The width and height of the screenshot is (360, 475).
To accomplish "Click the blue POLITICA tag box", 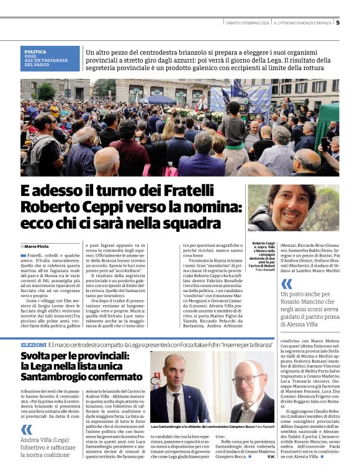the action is (x=50, y=58).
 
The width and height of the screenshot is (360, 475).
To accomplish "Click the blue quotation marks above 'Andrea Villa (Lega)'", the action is (x=26, y=429).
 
